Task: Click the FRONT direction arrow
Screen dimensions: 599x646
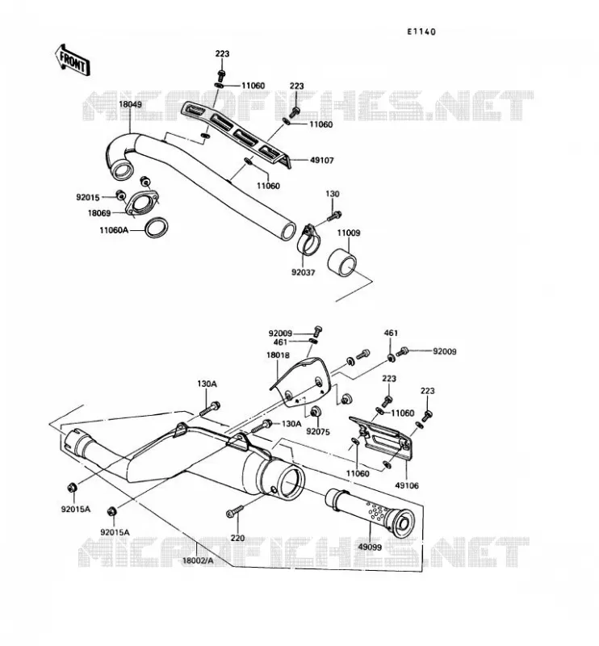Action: (x=73, y=60)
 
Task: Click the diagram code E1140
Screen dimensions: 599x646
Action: (x=421, y=31)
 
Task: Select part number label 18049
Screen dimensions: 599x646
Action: (x=130, y=104)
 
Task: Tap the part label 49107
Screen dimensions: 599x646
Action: (x=322, y=160)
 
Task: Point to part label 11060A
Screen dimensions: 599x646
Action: (x=114, y=230)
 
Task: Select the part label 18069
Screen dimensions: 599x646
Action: (x=99, y=213)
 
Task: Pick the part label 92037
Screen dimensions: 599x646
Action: (x=304, y=272)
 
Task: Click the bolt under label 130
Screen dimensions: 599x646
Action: (x=334, y=215)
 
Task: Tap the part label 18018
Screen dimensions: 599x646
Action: (x=278, y=354)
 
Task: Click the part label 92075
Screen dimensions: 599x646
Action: (x=318, y=431)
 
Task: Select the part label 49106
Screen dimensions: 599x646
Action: (x=407, y=485)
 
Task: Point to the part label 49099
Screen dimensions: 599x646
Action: (x=370, y=547)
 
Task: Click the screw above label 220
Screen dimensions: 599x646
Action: (x=234, y=512)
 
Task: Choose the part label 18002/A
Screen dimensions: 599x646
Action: (x=198, y=560)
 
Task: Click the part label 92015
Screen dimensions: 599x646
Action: (x=88, y=197)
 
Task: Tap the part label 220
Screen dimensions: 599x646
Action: (x=237, y=538)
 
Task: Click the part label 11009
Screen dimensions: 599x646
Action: (x=349, y=233)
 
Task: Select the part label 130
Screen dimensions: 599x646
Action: (x=333, y=194)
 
